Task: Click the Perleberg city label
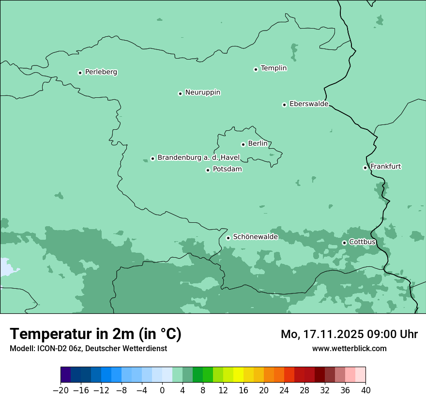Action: pos(101,72)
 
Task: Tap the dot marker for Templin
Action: pos(256,69)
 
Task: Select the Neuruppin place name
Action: pos(202,93)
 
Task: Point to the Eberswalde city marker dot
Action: pos(285,105)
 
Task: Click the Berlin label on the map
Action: pos(258,144)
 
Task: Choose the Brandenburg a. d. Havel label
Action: pos(198,158)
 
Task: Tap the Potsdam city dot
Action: pos(208,170)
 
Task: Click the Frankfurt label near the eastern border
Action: pos(385,167)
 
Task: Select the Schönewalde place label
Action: pos(255,237)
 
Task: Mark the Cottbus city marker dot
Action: pos(344,243)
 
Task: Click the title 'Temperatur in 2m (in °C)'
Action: pos(95,334)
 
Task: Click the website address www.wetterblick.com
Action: pos(349,348)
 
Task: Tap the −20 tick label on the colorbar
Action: pos(61,390)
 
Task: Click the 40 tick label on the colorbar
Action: pos(365,390)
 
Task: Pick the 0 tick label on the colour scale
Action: pos(162,390)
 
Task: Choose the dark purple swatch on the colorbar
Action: pos(65,375)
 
